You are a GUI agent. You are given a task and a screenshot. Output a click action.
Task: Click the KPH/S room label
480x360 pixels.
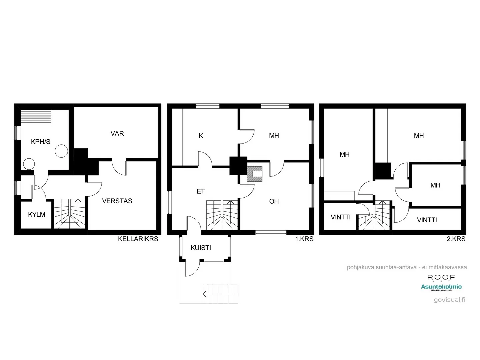point(40,142)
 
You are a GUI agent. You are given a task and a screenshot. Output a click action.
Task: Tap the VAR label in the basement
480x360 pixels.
point(117,133)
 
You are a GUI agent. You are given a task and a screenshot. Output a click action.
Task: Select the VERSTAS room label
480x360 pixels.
point(117,201)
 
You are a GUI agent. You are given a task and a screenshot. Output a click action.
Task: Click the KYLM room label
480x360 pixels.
point(36,215)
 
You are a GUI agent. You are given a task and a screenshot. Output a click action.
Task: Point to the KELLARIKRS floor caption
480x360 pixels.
point(138,239)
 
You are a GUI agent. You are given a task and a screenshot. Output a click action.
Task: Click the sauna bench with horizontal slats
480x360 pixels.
point(36,117)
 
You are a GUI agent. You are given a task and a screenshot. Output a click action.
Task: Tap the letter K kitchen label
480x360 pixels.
point(201,136)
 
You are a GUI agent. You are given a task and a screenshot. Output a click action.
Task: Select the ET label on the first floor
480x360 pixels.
point(201,191)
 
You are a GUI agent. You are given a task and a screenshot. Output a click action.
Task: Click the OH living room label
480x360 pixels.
point(274,201)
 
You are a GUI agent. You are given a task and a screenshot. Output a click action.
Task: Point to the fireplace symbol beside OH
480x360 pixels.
point(255,174)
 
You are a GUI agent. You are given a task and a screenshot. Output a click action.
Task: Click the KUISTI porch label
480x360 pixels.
point(201,248)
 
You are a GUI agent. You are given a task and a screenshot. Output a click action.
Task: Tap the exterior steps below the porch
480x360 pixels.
point(220,294)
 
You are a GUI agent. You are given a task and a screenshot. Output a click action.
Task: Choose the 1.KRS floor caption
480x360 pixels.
point(304,239)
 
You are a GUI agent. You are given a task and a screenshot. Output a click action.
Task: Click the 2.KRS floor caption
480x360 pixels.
point(456,239)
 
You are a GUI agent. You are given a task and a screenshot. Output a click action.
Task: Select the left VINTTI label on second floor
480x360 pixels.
point(341,217)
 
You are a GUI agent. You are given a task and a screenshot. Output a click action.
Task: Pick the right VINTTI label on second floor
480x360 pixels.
point(427,220)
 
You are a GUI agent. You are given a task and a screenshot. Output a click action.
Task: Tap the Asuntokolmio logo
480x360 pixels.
point(441,287)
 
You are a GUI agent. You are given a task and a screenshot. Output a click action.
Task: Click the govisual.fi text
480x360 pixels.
point(449,299)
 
